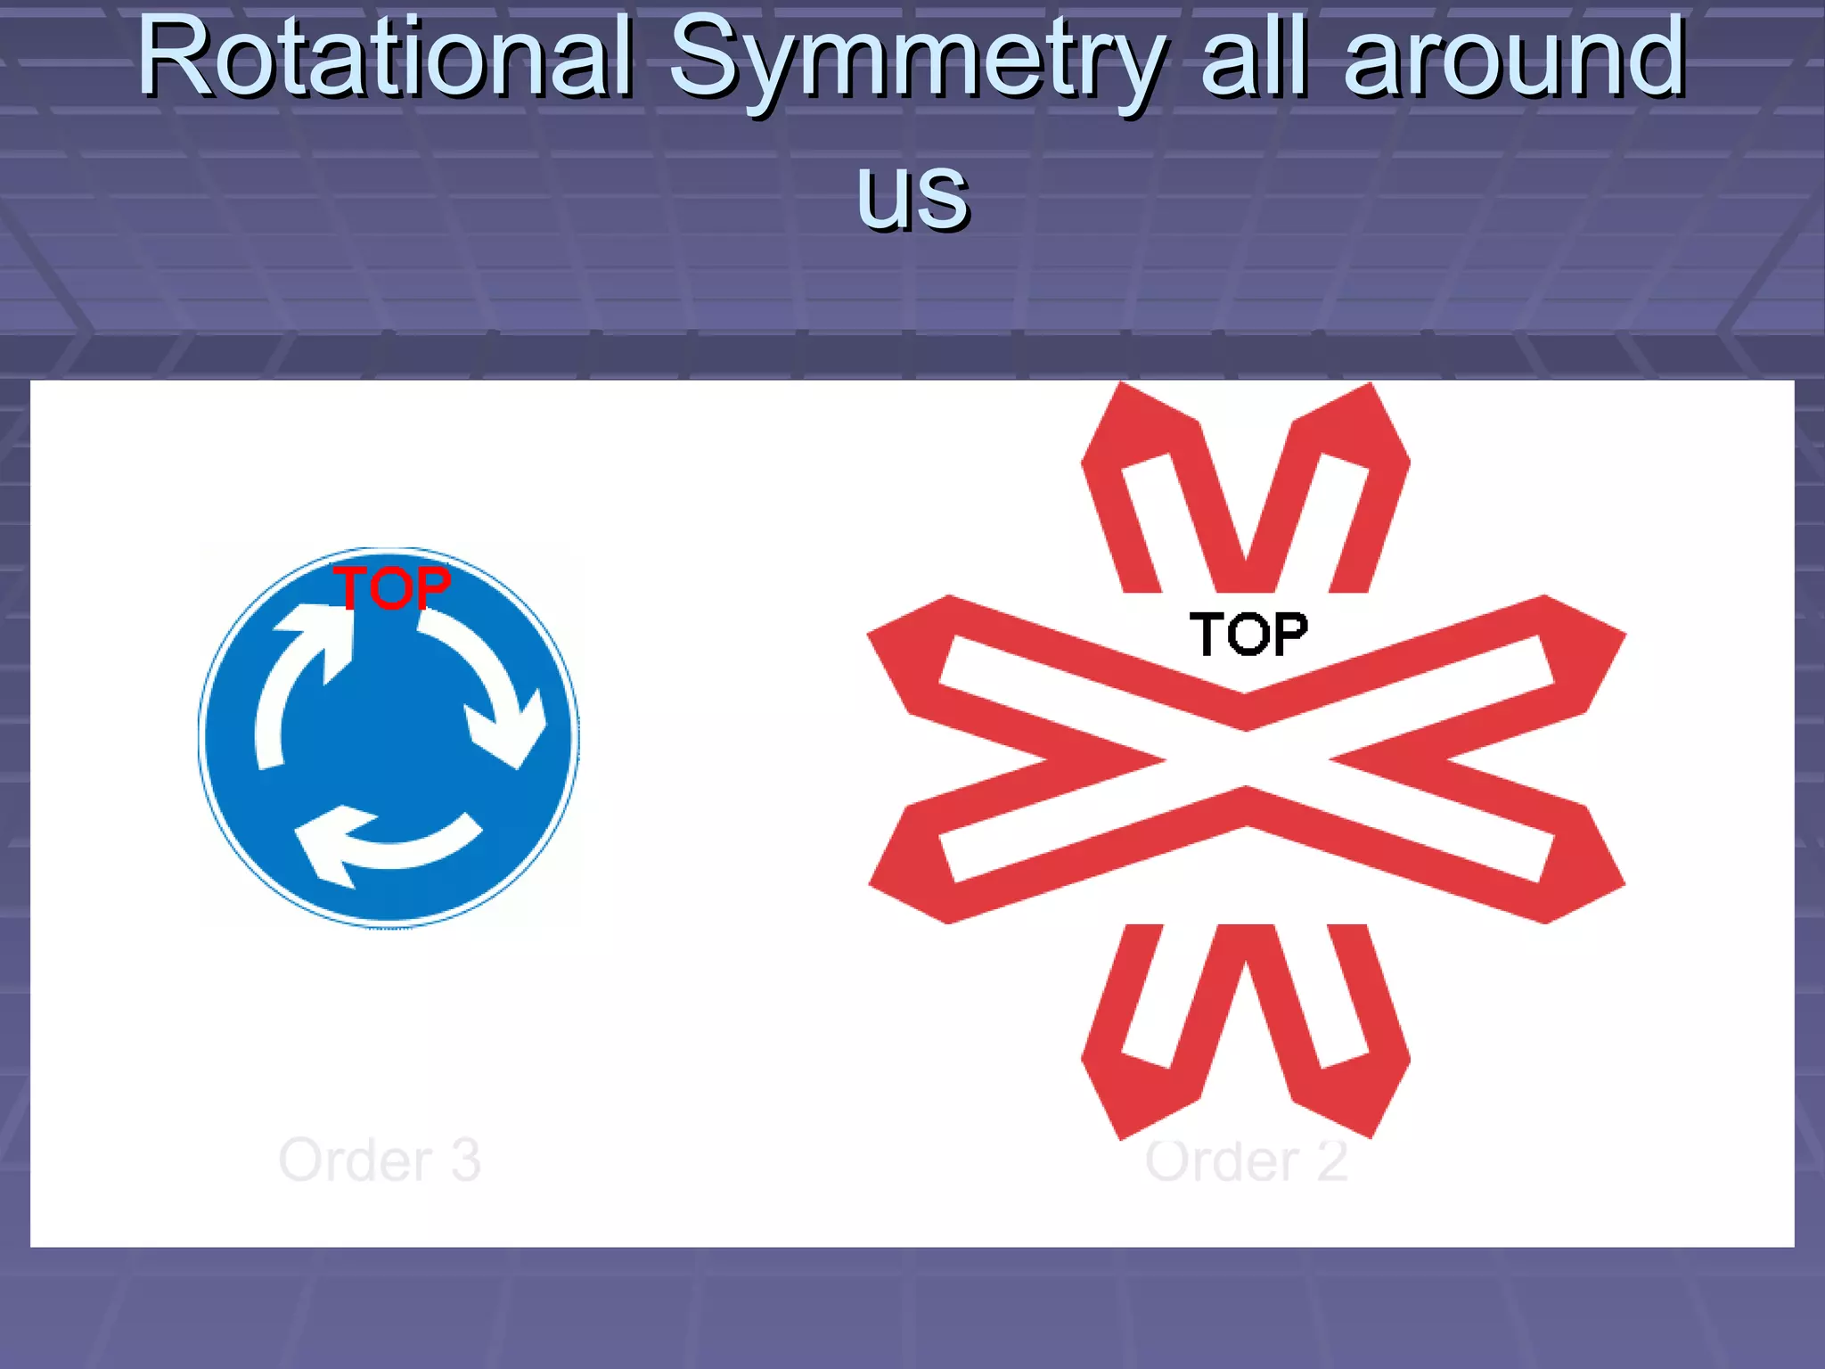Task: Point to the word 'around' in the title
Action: (1515, 57)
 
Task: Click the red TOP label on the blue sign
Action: (392, 588)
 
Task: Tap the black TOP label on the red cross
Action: (1248, 635)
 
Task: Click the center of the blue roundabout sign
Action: (389, 737)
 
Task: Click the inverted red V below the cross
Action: (1246, 1025)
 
